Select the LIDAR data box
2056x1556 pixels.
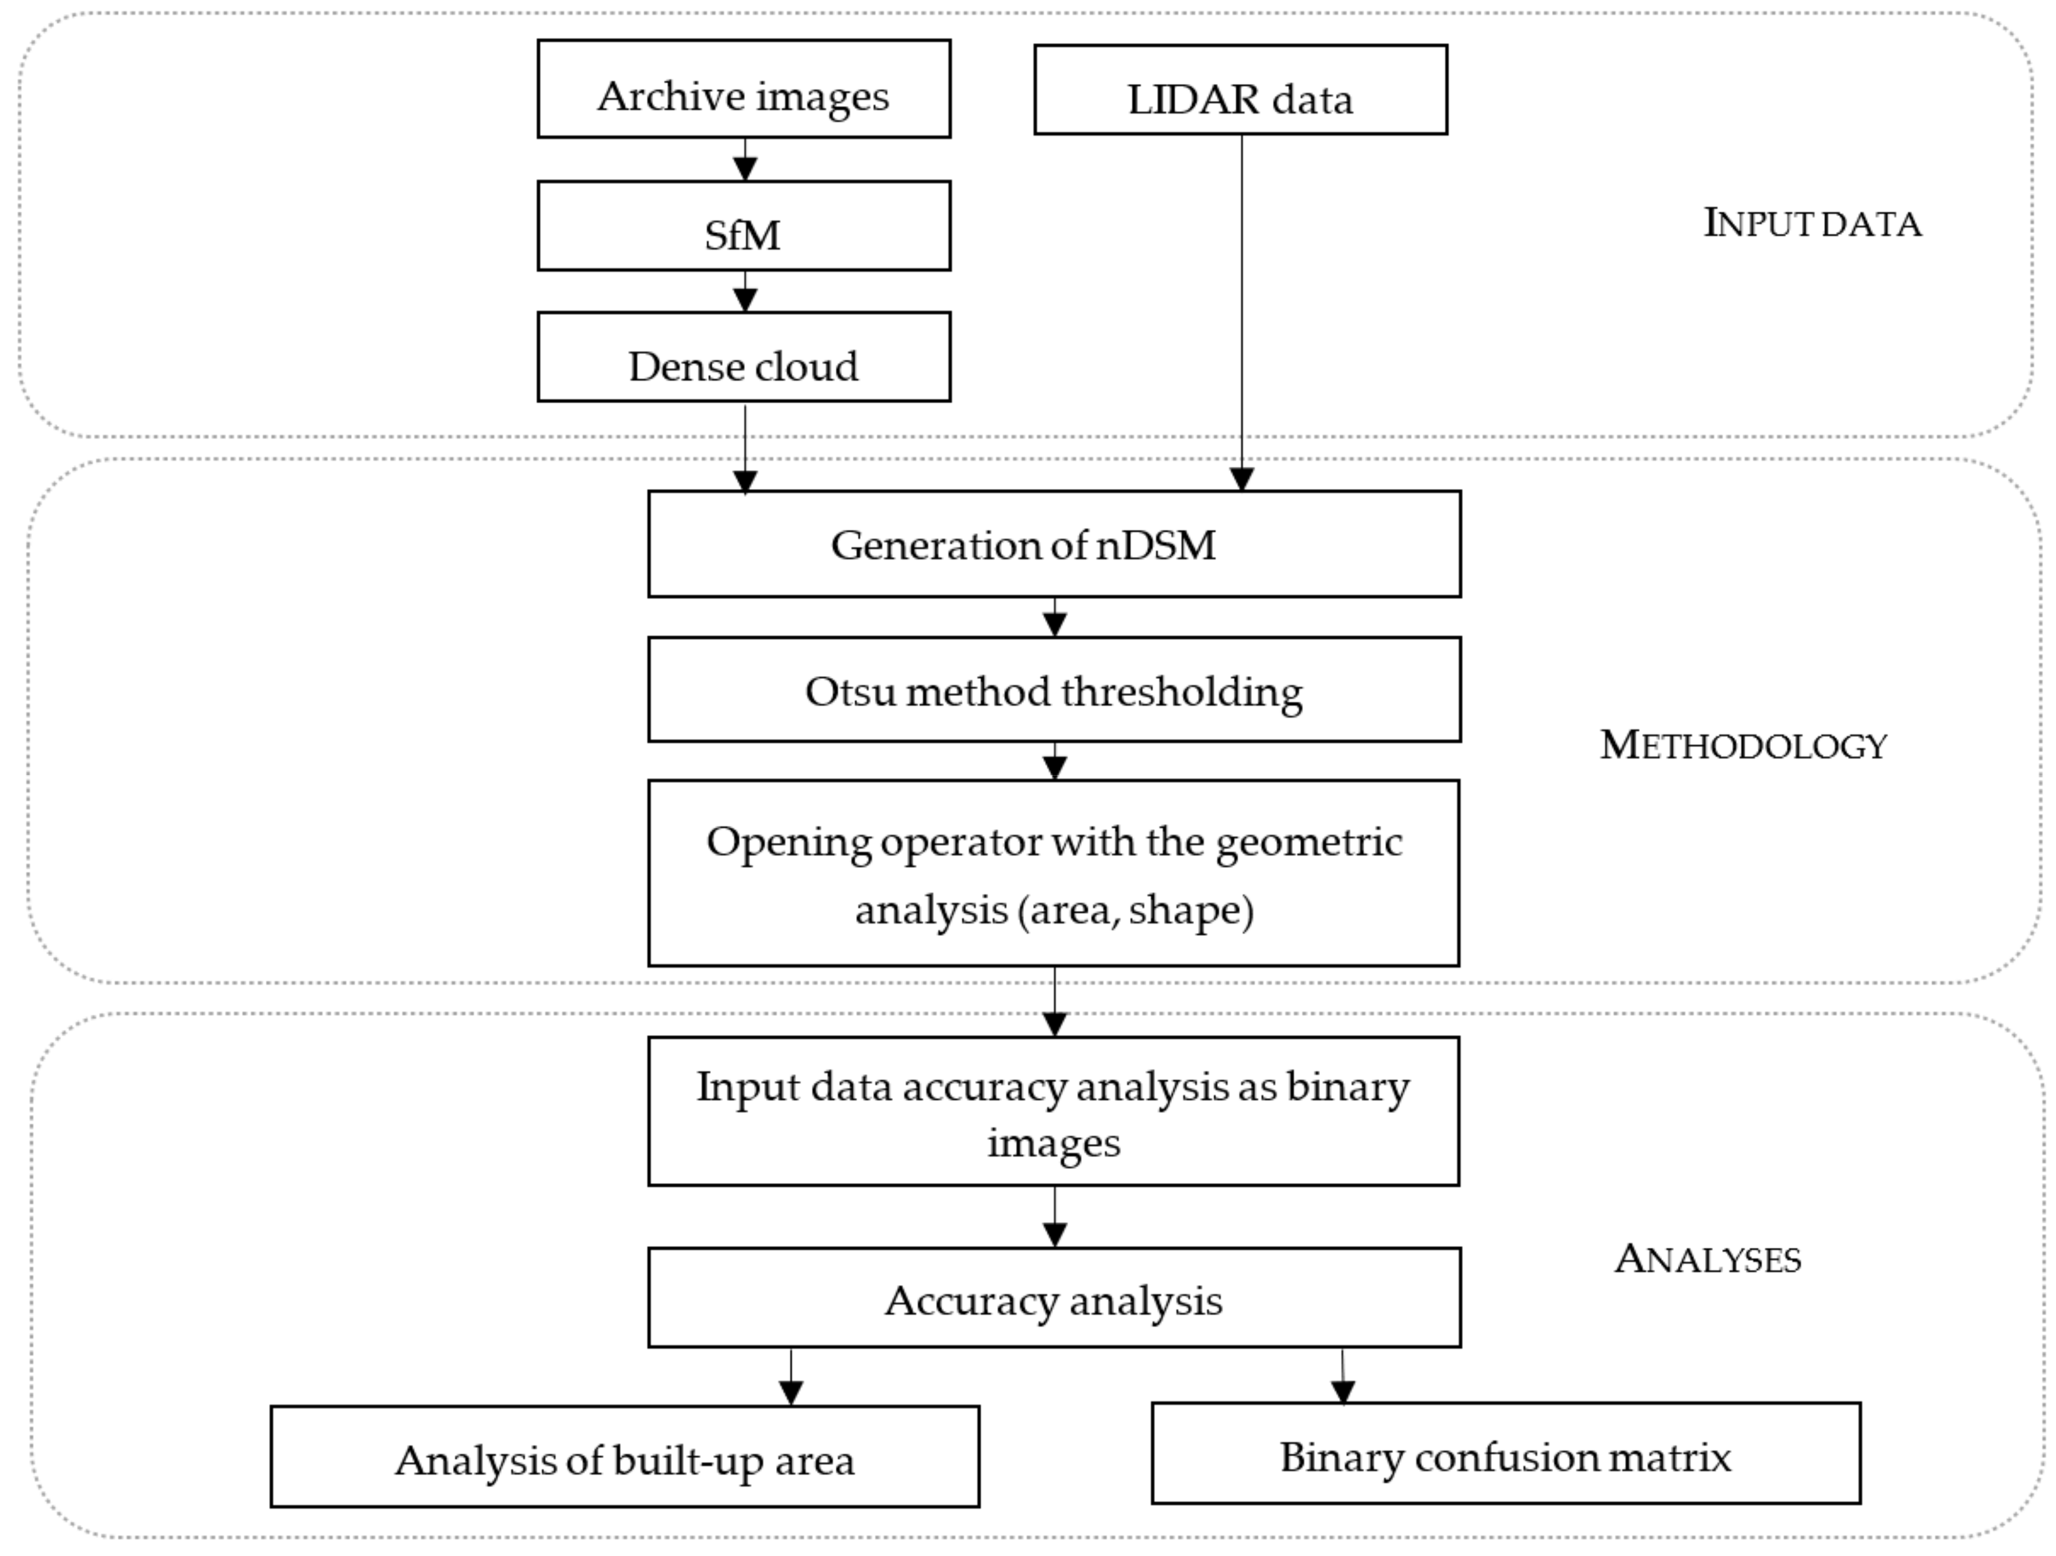1240,91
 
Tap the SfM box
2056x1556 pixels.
744,227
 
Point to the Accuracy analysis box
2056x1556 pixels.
1054,1298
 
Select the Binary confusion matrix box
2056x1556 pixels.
1506,1455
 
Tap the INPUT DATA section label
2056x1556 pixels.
1812,224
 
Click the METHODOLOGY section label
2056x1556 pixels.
1743,745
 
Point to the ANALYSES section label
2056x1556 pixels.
1708,1259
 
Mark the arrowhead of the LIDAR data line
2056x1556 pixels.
1242,478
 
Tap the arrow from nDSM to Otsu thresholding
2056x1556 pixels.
1055,618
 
